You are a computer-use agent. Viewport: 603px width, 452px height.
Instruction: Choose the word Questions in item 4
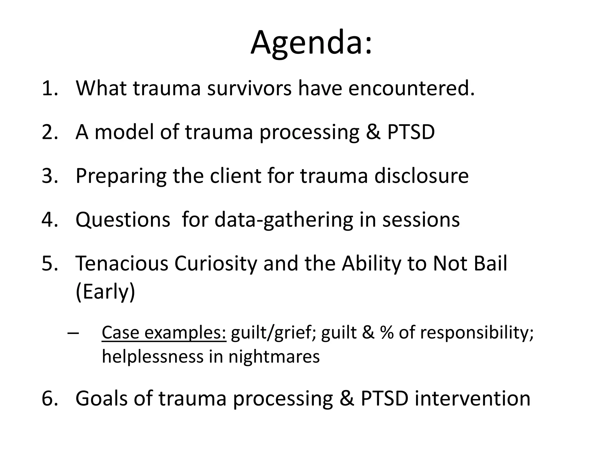(123, 220)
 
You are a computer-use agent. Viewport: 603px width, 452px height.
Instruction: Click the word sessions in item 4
(421, 220)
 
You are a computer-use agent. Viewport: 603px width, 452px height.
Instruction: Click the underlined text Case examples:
(164, 333)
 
